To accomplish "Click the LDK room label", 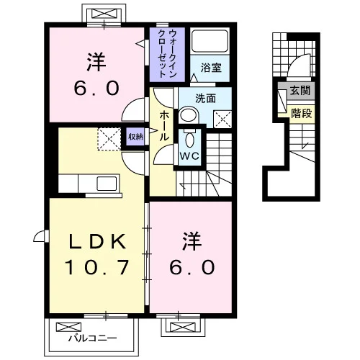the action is click(x=97, y=241).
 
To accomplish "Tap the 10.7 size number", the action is click(x=97, y=267).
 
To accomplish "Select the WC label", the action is click(x=189, y=156).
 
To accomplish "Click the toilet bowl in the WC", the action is click(x=189, y=140).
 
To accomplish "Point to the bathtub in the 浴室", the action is click(x=210, y=41).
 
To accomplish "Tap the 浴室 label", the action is click(x=211, y=68).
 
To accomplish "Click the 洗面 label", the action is click(x=205, y=99).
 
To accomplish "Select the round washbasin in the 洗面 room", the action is click(x=189, y=116).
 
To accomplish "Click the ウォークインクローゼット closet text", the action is click(x=167, y=54).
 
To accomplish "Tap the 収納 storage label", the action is click(x=135, y=137).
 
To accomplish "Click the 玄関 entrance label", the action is click(x=300, y=91).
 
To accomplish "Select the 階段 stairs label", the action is click(x=302, y=113).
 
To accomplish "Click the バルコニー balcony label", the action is click(x=93, y=338).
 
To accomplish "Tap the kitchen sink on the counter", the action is click(x=107, y=184).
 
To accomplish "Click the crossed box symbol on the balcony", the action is click(x=68, y=327).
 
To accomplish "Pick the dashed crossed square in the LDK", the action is click(x=109, y=139).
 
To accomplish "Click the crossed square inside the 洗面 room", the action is click(x=222, y=120).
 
